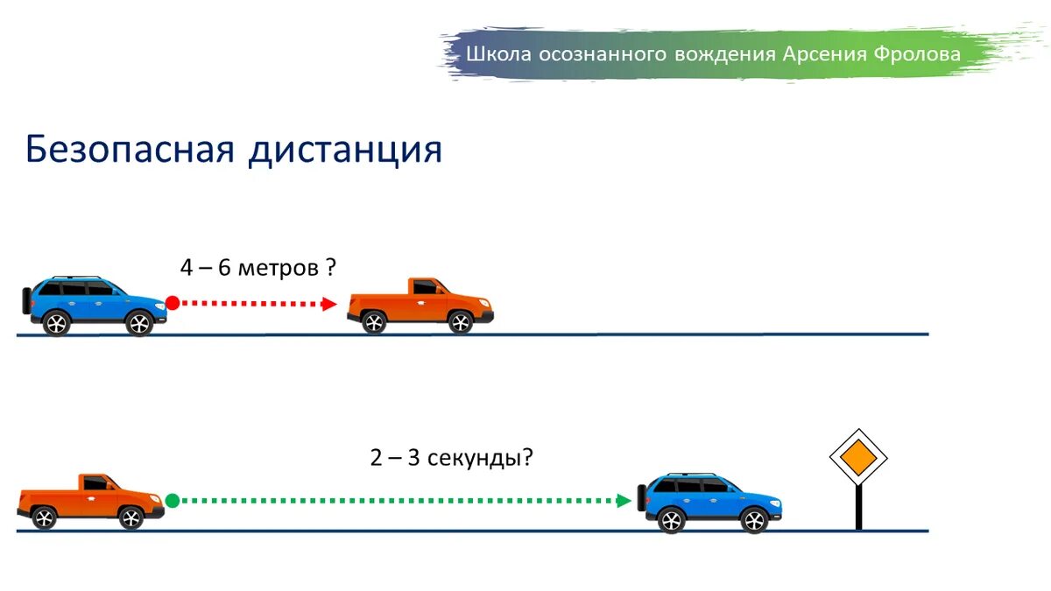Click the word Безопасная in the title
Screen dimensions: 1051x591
(130, 149)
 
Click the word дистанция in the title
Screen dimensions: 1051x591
(344, 151)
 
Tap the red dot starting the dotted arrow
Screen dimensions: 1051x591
(173, 303)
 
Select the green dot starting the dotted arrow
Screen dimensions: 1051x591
(173, 500)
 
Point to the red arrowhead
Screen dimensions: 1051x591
(329, 304)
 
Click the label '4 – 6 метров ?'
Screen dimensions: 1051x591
(258, 267)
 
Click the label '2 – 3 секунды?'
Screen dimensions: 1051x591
(451, 457)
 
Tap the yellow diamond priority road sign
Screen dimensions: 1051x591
(858, 457)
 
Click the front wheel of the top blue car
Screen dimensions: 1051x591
(139, 323)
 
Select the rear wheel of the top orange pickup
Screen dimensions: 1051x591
(374, 322)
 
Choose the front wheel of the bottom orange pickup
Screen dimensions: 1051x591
(130, 517)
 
